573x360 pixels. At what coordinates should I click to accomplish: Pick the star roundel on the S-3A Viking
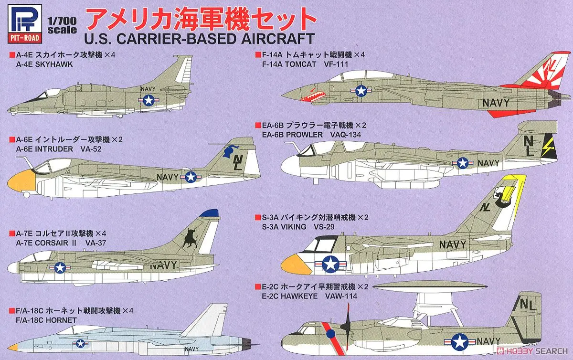330,263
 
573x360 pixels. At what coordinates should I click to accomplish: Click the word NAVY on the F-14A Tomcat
496,102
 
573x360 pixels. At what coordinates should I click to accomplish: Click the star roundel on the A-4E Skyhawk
149,99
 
